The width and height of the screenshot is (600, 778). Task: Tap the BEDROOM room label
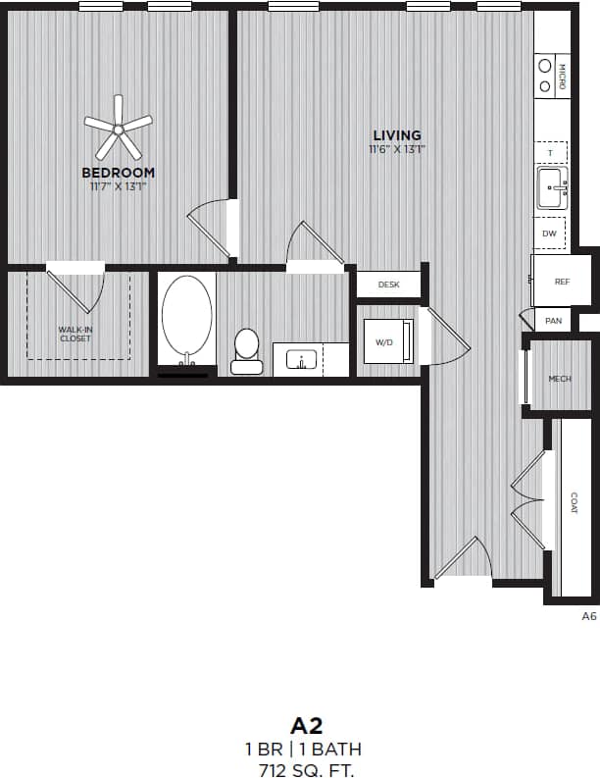[118, 173]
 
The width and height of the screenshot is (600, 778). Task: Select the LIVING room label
[397, 135]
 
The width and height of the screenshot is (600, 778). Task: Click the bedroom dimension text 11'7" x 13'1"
[118, 185]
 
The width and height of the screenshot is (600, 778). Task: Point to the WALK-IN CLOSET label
[75, 335]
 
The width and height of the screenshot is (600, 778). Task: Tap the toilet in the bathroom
[246, 349]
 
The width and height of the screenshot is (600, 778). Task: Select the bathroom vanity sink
[302, 360]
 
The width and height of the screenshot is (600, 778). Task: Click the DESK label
[389, 285]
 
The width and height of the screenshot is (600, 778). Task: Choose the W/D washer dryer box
[385, 342]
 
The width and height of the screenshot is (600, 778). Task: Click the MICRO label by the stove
[562, 77]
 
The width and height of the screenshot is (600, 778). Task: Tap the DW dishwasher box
[550, 233]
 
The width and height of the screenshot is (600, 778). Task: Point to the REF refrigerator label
[562, 282]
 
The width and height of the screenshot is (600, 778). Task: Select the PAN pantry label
[554, 321]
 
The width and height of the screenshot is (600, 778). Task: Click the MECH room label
[560, 378]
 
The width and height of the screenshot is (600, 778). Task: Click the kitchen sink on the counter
[552, 186]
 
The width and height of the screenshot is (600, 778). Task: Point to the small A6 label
[588, 616]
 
